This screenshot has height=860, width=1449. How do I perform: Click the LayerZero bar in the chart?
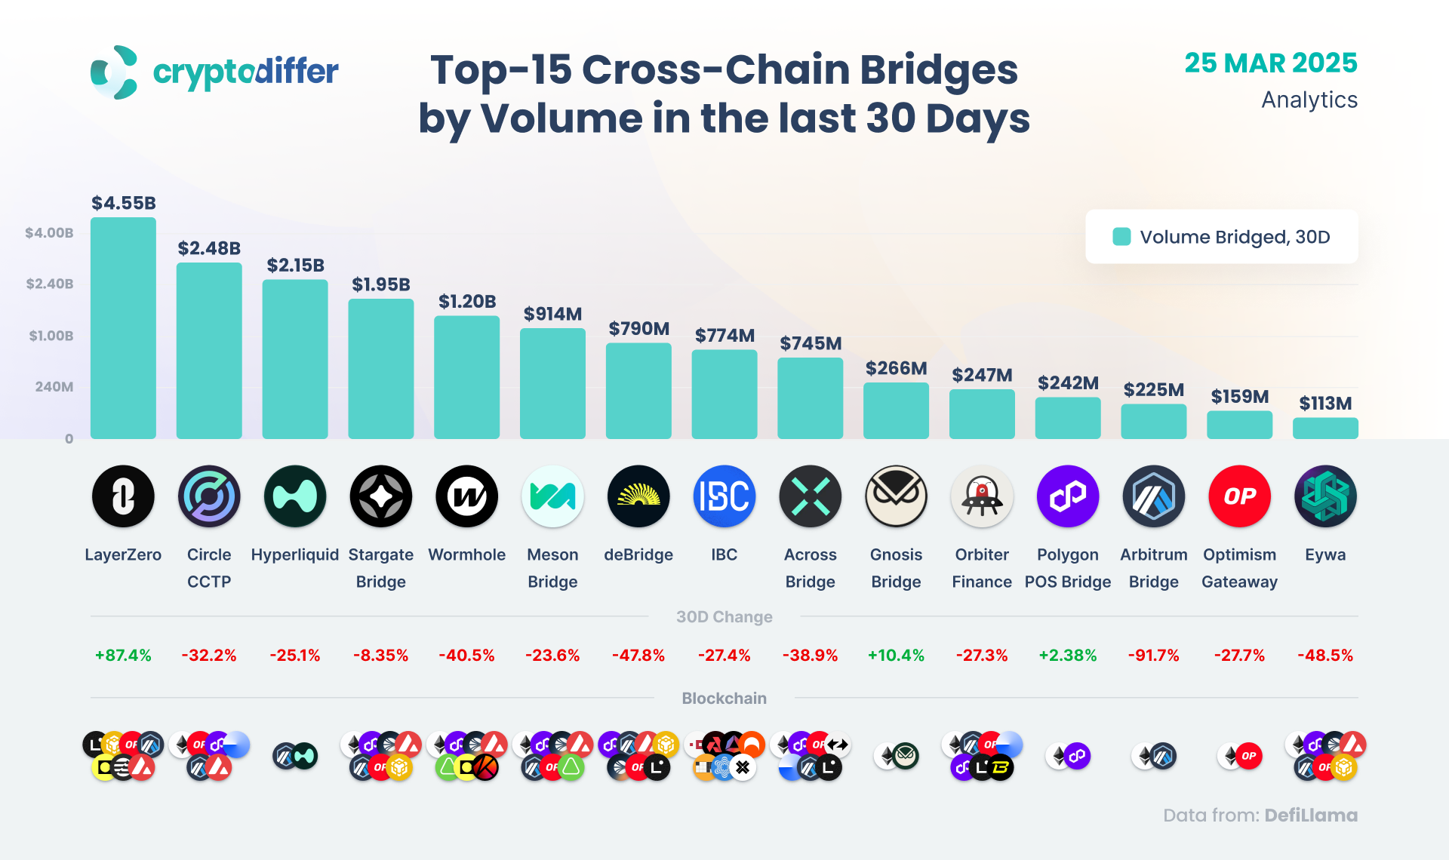point(123,328)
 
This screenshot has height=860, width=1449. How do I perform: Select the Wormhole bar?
point(466,377)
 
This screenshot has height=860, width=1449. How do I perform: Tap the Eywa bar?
point(1325,428)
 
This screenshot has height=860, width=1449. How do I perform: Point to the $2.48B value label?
point(209,248)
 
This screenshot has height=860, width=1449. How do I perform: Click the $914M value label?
point(552,314)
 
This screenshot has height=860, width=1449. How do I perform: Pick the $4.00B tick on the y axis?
point(49,233)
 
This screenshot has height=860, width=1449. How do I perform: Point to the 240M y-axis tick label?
point(54,387)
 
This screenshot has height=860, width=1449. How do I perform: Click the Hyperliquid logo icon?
point(294,496)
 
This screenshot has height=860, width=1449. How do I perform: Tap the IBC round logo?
point(724,496)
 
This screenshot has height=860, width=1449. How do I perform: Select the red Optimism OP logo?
point(1239,496)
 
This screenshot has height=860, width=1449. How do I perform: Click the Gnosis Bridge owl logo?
point(896,496)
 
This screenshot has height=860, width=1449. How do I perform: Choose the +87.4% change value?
point(123,656)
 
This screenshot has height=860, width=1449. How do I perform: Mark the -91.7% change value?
point(1153,656)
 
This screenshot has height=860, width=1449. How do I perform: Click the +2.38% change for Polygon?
point(1067,656)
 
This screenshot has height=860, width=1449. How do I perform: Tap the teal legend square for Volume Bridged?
point(1121,237)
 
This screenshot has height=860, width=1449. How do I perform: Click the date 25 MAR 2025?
point(1271,63)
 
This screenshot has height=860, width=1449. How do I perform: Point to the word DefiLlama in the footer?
point(1311,815)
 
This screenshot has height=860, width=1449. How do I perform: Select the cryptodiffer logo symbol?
point(114,72)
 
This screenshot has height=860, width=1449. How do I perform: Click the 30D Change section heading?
point(724,617)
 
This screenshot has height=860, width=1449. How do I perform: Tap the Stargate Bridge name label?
point(380,568)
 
